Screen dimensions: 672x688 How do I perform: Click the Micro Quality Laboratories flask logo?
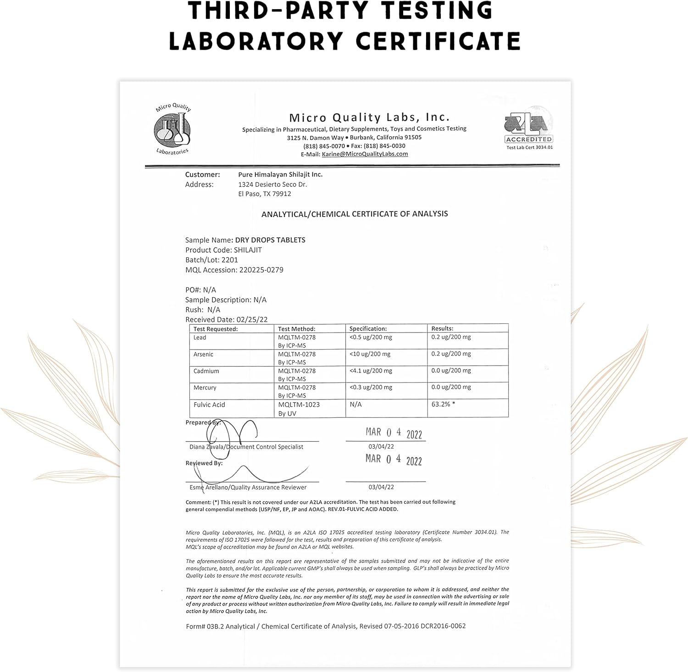coord(172,129)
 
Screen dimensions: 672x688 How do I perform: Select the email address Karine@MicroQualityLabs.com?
coord(365,154)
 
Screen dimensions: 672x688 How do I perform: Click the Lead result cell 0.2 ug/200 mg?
coord(451,337)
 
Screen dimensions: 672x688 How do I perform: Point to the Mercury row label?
coord(205,388)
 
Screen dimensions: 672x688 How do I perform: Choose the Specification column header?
coord(368,328)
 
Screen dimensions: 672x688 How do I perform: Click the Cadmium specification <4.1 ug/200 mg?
coord(371,371)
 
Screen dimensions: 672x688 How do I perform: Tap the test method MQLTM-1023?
coord(299,405)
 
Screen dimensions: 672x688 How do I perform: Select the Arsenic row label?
coord(203,354)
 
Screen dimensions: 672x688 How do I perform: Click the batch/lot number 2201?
coord(229,260)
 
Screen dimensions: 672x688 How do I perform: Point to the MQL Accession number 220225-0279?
coord(261,270)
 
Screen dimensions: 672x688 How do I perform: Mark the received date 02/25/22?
coord(252,320)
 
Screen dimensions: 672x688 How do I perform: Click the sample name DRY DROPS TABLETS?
coord(270,240)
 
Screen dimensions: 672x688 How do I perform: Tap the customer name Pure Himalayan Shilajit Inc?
coord(280,175)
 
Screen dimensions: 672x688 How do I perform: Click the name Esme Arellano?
coord(209,487)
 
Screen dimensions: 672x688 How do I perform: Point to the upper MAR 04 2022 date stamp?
coord(394,433)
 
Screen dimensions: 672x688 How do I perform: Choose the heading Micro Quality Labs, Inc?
coord(369,118)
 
